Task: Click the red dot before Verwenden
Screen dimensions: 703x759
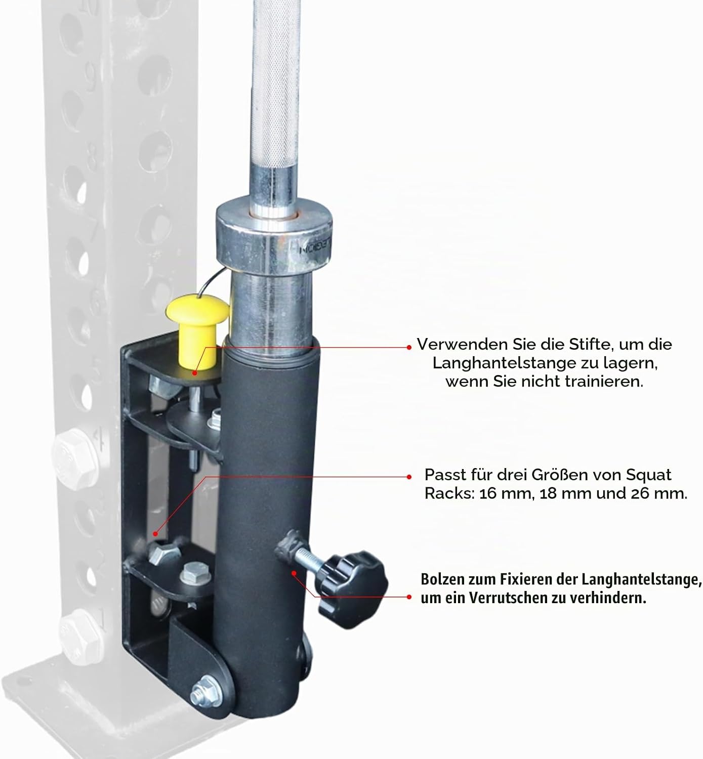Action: [x=409, y=348]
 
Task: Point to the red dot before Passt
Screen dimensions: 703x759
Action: [x=409, y=477]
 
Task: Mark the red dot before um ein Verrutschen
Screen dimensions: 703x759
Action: [x=409, y=597]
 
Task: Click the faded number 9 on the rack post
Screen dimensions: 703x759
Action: [x=91, y=76]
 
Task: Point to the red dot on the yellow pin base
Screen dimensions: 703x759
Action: [x=194, y=372]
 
